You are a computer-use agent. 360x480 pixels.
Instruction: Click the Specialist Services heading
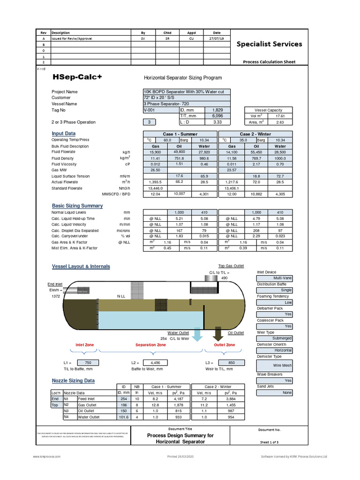tap(269, 44)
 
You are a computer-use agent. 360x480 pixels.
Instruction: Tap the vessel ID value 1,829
tap(217, 110)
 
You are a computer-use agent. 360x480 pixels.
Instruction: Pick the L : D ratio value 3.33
tap(217, 122)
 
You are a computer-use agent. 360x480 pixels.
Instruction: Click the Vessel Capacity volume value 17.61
tap(280, 115)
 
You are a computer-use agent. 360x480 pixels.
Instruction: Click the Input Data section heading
tap(63, 134)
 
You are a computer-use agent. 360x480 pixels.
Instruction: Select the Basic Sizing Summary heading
tap(77, 206)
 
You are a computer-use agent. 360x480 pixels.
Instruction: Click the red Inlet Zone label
tap(85, 345)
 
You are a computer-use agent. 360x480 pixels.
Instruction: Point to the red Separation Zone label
tap(150, 345)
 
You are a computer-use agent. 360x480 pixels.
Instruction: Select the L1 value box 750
tap(88, 363)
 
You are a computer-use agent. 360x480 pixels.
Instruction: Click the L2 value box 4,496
tap(155, 363)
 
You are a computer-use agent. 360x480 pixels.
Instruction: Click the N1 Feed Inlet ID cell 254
tap(124, 398)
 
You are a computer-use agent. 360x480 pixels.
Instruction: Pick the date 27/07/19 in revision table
tap(217, 39)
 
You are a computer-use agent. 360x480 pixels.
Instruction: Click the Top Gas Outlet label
tap(231, 266)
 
